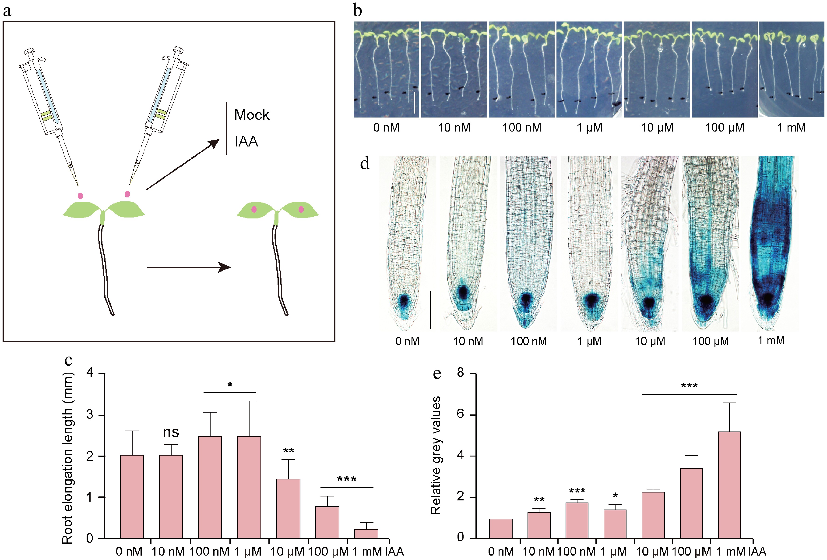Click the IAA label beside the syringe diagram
pyautogui.click(x=246, y=141)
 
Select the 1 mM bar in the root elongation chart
pyautogui.click(x=366, y=533)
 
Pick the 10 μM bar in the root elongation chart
pyautogui.click(x=288, y=508)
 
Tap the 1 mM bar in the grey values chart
pyautogui.click(x=729, y=485)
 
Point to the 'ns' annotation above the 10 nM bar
pyautogui.click(x=171, y=432)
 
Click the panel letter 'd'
pyautogui.click(x=365, y=164)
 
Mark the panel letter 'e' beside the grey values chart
pyautogui.click(x=437, y=374)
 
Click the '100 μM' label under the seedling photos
pyautogui.click(x=725, y=128)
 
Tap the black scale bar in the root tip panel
pyautogui.click(x=431, y=310)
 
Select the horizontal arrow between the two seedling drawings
pyautogui.click(x=189, y=267)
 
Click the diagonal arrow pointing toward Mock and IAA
pyautogui.click(x=183, y=164)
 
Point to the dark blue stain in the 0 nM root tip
pyautogui.click(x=404, y=301)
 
